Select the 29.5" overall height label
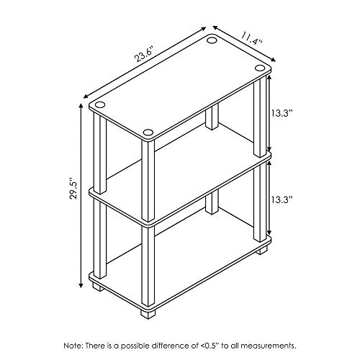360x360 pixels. click(74, 188)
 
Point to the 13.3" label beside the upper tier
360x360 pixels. click(282, 112)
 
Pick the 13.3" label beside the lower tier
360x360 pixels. click(282, 199)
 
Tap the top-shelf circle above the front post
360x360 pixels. click(148, 132)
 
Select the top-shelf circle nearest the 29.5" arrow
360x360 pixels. click(99, 104)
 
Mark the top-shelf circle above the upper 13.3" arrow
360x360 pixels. click(259, 68)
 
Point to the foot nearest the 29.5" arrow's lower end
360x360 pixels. click(99, 287)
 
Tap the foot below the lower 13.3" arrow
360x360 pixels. click(261, 250)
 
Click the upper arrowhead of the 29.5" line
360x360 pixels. click(81, 107)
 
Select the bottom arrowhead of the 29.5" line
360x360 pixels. click(81, 284)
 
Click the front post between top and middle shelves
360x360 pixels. click(148, 181)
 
